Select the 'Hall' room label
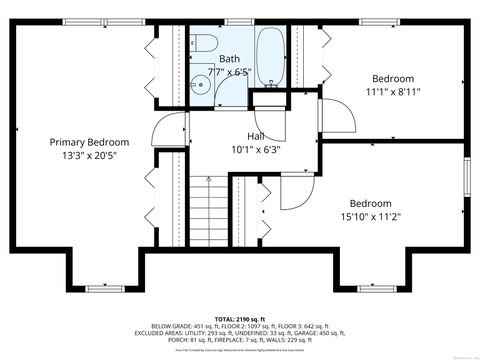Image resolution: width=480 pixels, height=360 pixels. point(256,135)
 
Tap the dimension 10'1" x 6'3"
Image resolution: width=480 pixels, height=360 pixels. point(256,150)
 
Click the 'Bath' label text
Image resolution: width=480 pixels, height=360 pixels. point(229,59)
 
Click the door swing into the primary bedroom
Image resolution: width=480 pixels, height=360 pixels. point(171,130)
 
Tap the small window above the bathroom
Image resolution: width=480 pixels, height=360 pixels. point(236,21)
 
